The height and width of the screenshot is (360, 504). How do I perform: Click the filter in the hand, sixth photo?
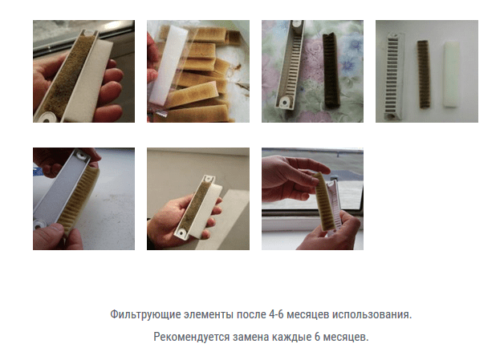(x=193, y=200)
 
